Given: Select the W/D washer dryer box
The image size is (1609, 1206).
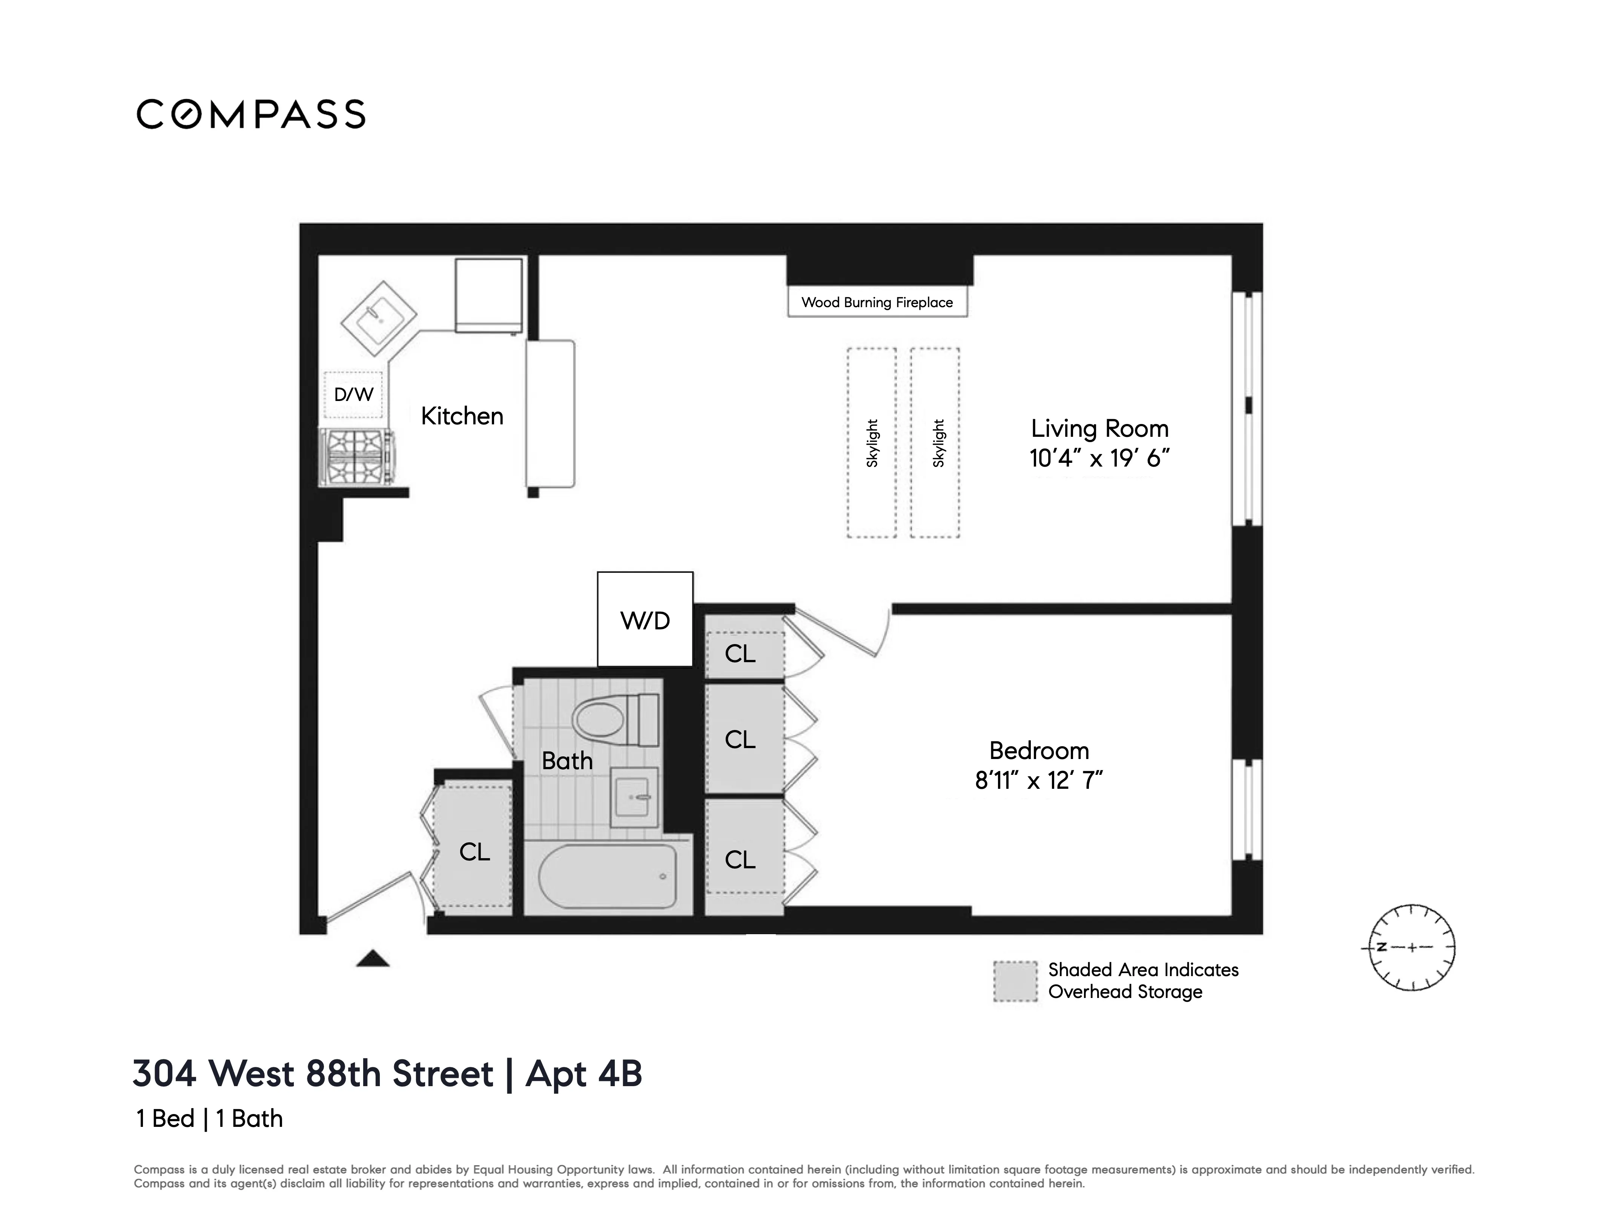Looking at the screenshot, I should pos(645,619).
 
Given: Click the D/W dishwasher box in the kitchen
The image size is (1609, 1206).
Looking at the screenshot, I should pos(353,395).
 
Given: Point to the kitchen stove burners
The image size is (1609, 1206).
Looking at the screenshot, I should pos(356,456).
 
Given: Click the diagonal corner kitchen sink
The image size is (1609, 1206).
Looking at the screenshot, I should pos(378,318).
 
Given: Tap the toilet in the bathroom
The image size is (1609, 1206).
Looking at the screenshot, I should pos(615,720).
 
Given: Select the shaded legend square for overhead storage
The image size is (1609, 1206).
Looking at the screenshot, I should pos(1015,981).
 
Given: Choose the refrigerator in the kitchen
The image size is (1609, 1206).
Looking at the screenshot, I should pos(488,294).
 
